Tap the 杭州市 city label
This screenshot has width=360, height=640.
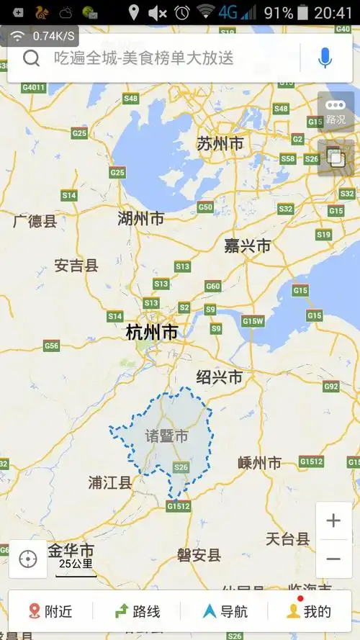(x=151, y=333)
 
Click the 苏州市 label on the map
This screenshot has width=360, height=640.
(x=220, y=144)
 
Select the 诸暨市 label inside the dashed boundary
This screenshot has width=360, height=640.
(x=166, y=436)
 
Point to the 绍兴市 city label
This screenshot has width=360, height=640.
(x=219, y=377)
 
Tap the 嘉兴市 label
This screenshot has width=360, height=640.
(x=247, y=246)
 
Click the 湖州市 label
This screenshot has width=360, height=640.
(x=140, y=219)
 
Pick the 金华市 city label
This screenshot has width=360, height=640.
(x=71, y=551)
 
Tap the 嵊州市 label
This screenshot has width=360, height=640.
(x=259, y=463)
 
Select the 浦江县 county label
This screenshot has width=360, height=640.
(x=110, y=482)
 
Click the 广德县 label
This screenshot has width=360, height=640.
(x=35, y=221)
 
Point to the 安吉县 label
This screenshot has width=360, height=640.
(x=76, y=266)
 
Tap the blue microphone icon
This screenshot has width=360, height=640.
(x=325, y=58)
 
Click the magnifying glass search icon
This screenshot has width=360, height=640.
(x=31, y=58)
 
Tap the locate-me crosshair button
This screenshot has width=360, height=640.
(x=28, y=559)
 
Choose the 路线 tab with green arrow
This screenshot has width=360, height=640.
(x=138, y=611)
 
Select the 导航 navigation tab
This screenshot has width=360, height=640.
(x=225, y=611)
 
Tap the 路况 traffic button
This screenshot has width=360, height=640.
(x=336, y=112)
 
